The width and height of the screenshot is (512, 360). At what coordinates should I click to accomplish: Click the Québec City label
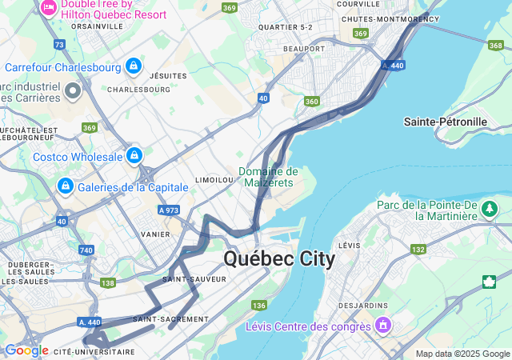click(x=279, y=259)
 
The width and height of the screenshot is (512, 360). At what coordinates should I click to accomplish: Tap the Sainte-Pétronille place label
click(x=446, y=122)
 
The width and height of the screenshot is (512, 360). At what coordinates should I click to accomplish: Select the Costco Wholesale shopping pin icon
click(x=134, y=155)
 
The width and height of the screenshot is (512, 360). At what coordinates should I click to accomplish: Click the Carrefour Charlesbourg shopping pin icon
click(x=134, y=66)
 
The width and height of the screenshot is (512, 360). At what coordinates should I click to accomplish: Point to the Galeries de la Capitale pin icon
click(x=63, y=186)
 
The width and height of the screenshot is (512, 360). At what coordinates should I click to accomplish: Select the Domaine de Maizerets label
click(x=268, y=177)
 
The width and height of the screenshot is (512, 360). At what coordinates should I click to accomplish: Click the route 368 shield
click(x=495, y=46)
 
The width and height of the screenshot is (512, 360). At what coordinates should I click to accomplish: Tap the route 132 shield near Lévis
click(x=418, y=250)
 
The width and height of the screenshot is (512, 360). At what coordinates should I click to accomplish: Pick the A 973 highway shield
click(x=168, y=210)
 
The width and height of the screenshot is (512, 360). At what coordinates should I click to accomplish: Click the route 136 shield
click(x=258, y=306)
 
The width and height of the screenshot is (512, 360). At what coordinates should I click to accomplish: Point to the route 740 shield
click(x=86, y=250)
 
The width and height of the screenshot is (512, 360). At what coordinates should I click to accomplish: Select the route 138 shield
click(x=109, y=282)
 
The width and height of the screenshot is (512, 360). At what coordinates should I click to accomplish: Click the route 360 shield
click(x=312, y=102)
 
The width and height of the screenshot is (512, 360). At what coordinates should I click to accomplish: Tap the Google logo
click(x=26, y=350)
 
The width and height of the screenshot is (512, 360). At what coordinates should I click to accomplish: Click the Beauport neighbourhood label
click(x=304, y=49)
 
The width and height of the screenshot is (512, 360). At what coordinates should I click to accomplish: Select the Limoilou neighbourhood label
click(x=214, y=180)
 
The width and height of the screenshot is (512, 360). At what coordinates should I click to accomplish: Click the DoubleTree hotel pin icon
click(x=48, y=8)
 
